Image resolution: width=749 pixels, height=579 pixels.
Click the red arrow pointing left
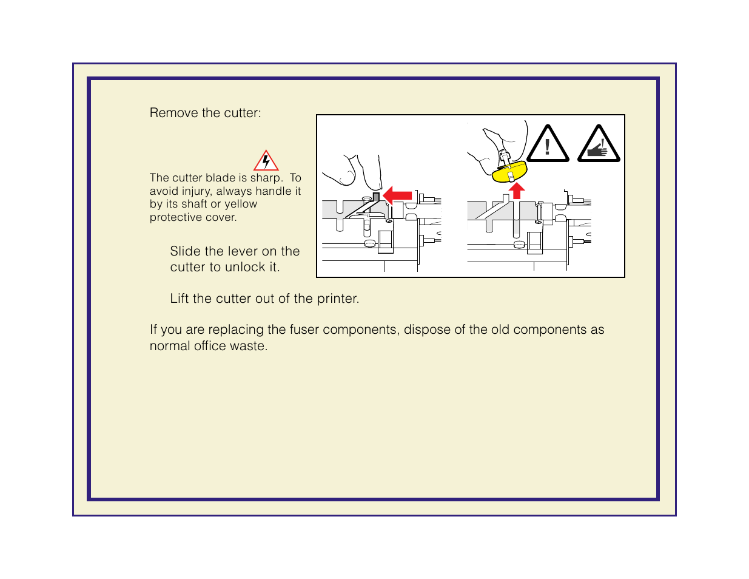(x=398, y=195)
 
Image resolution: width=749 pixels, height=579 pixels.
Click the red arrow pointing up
(x=516, y=191)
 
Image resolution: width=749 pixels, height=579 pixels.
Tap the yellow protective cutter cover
(x=509, y=172)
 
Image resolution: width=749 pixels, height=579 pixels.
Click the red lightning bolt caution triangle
(x=266, y=161)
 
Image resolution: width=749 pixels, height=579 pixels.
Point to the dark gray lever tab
(x=376, y=197)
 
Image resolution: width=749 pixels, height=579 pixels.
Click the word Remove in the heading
(x=169, y=113)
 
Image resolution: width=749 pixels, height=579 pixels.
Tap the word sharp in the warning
(x=266, y=178)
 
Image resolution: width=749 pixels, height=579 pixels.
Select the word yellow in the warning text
(x=241, y=205)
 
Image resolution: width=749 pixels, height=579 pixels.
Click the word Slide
(x=185, y=251)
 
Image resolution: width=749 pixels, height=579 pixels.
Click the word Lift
(x=179, y=299)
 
